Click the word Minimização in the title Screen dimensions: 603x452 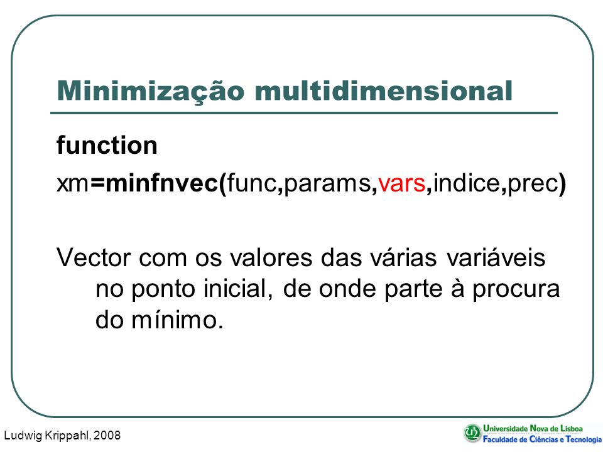point(150,92)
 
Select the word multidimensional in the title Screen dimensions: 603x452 point(383,90)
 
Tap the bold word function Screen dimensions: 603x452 point(107,145)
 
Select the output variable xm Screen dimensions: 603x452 point(73,184)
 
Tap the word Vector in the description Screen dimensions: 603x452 point(94,257)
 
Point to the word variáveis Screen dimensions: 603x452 point(496,257)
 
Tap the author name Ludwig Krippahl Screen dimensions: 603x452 point(47,436)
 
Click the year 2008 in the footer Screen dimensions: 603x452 point(107,435)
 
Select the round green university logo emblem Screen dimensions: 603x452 point(472,433)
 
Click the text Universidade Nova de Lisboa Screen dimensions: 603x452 point(533,428)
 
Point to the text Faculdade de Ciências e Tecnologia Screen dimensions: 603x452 point(543,439)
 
